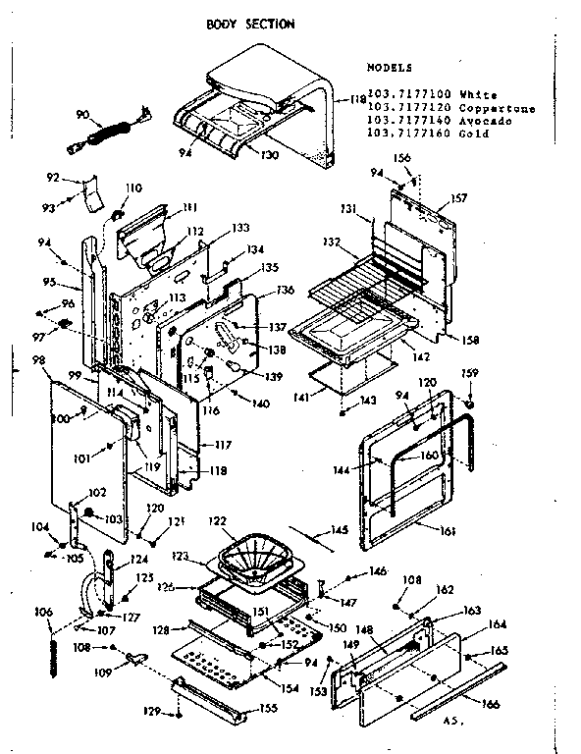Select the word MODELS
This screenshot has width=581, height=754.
390,69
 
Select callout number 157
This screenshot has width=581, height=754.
458,197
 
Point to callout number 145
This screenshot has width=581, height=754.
339,531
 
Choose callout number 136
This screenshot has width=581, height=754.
286,290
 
